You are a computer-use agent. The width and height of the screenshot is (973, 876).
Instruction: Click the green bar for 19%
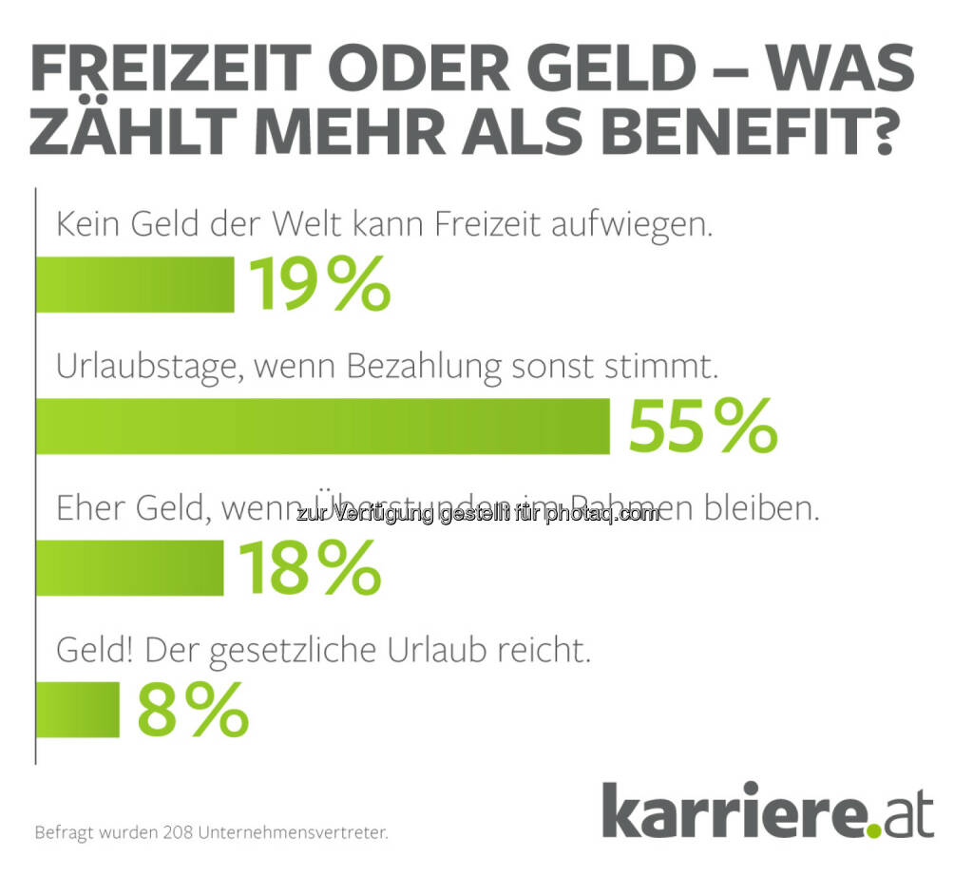click(x=134, y=284)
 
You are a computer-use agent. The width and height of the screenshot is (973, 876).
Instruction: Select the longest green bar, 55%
click(x=322, y=427)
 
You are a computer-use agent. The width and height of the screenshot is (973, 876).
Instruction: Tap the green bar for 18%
click(x=129, y=567)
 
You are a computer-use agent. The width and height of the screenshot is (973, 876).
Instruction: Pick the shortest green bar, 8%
click(x=78, y=710)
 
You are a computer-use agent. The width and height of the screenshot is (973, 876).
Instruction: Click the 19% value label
click(x=319, y=284)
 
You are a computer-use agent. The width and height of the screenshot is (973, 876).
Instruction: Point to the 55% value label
click(x=702, y=427)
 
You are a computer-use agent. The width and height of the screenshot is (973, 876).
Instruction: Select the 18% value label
click(x=310, y=567)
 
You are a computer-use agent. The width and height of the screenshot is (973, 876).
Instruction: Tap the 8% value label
click(x=193, y=710)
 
